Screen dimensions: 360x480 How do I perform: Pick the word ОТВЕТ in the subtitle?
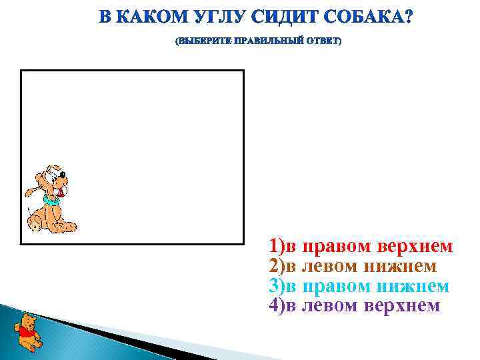pyautogui.click(x=322, y=42)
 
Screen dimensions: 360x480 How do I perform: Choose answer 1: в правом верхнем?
pyautogui.click(x=361, y=247)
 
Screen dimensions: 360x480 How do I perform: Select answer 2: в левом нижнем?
pyautogui.click(x=353, y=267)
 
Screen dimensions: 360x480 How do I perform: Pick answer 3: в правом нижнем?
pyautogui.click(x=359, y=286)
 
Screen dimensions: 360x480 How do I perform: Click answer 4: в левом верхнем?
pyautogui.click(x=354, y=305)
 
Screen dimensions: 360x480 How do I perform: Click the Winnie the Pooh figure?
pyautogui.click(x=27, y=331)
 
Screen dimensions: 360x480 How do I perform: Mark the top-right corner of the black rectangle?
pyautogui.click(x=243, y=71)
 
